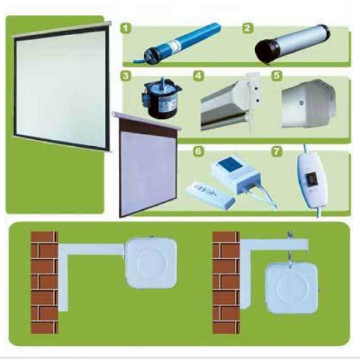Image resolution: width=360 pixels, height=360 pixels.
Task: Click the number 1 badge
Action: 126,29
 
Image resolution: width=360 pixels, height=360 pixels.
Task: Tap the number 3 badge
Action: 126,76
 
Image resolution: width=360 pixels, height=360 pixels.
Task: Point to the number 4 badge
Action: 198,76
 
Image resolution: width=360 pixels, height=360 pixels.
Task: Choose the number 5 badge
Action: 277,76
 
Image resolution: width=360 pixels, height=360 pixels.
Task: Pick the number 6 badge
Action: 198,151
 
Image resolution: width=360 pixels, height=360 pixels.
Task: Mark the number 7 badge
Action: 277,152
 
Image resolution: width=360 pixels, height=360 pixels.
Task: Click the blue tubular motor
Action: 181,43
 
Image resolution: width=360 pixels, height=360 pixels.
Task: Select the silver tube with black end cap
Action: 293,44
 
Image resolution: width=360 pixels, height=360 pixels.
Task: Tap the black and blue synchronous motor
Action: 162,98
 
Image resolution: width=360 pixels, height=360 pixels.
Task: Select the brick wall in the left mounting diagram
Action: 45,283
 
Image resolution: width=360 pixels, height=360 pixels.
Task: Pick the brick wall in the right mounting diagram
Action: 226,283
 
